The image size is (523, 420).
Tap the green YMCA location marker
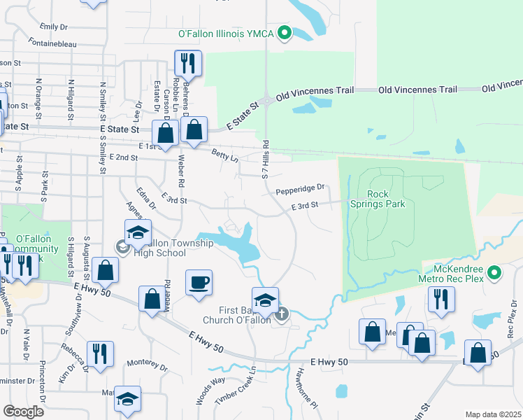click(285, 33)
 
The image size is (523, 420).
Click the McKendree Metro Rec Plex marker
click(495, 272)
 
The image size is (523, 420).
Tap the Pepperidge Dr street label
click(301, 188)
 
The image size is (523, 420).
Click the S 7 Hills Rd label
click(266, 162)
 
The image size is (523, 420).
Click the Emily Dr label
click(53, 27)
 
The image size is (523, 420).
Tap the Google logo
click(23, 412)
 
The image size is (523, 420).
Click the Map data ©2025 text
click(493, 414)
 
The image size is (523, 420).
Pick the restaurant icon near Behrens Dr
click(187, 64)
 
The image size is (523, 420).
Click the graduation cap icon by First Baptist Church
click(265, 301)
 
